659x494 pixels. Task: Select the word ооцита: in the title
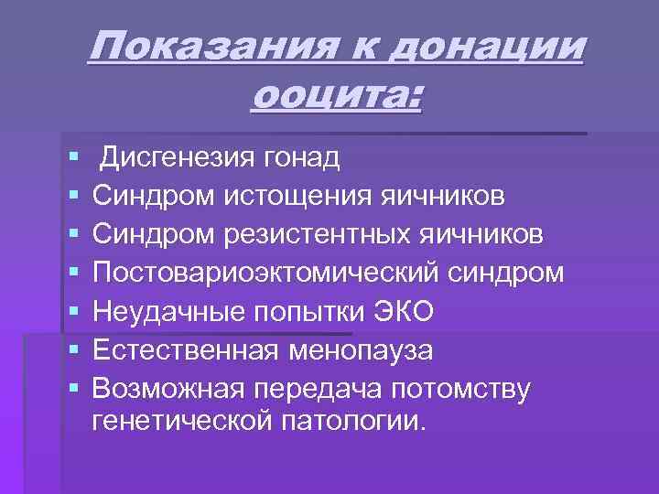335,94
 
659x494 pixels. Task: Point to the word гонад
302,158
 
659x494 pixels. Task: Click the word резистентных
319,235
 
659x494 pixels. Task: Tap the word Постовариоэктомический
275,274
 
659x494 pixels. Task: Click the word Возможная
169,389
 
